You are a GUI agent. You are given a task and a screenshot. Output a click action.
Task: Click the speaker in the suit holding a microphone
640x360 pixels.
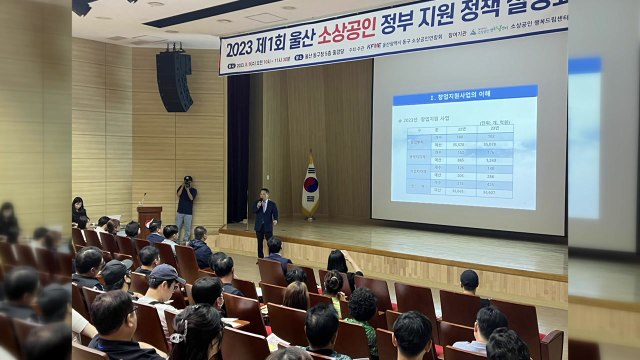264,215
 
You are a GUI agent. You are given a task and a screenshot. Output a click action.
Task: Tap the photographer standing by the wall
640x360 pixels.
186,208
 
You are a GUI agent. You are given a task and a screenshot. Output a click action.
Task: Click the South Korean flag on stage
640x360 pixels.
311,186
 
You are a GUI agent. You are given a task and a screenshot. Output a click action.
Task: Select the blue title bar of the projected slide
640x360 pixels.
463,98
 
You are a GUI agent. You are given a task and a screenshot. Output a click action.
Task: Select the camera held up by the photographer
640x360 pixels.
186,180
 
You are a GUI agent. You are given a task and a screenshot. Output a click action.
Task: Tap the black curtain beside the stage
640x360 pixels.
238,150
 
